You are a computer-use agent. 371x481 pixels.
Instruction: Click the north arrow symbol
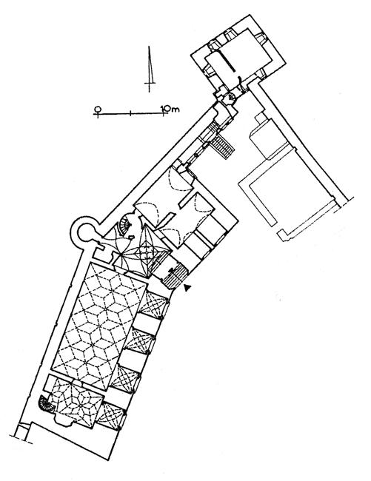click(x=150, y=69)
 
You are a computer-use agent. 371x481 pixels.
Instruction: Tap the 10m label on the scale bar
click(x=170, y=109)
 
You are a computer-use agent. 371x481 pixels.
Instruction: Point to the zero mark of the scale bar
click(x=98, y=110)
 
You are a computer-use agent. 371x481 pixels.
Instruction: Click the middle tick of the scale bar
click(x=131, y=113)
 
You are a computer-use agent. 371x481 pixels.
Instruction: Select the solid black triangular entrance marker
click(x=187, y=287)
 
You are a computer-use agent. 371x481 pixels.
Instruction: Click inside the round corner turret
click(x=84, y=233)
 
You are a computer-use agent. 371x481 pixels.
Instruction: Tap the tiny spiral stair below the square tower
click(x=231, y=97)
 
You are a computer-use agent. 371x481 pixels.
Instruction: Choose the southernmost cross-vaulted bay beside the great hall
click(x=111, y=416)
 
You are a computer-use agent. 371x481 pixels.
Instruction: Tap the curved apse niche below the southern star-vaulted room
click(x=65, y=421)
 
